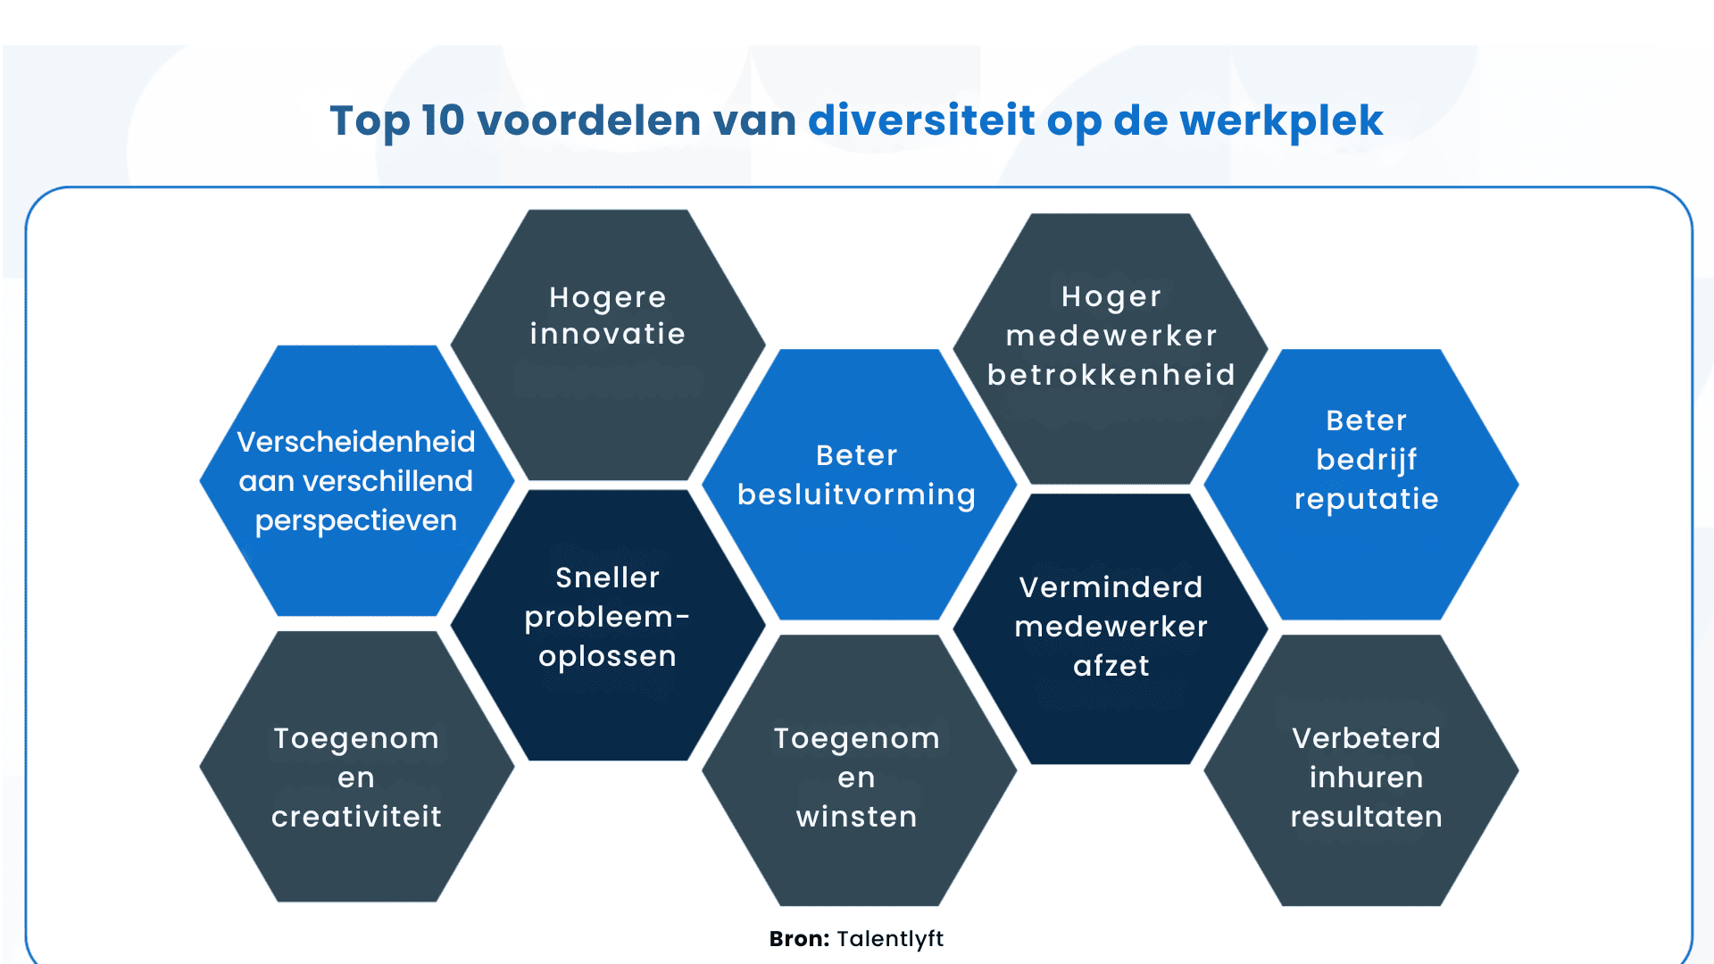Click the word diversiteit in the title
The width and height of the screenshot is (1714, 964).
921,120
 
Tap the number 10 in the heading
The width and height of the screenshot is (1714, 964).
443,120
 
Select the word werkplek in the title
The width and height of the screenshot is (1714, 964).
1281,120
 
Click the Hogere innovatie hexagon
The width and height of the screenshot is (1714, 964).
608,344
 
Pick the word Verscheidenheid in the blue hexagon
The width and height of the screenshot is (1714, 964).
356,442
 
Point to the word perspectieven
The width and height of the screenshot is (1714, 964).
356,520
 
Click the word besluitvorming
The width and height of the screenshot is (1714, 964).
856,494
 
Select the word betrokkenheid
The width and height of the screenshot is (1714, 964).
1111,375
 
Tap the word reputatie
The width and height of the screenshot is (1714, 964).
1366,499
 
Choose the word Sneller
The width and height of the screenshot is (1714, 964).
608,578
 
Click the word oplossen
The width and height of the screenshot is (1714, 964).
608,656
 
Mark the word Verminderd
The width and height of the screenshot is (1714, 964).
1111,587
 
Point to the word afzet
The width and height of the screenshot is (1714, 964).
1111,666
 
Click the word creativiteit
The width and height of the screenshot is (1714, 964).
356,817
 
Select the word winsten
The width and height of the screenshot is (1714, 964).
856,817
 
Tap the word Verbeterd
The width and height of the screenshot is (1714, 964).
1366,738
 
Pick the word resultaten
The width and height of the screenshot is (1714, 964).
1366,817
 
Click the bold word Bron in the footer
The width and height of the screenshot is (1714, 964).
798,939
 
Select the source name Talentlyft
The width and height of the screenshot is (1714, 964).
890,939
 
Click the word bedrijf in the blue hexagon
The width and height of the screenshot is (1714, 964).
1366,460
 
